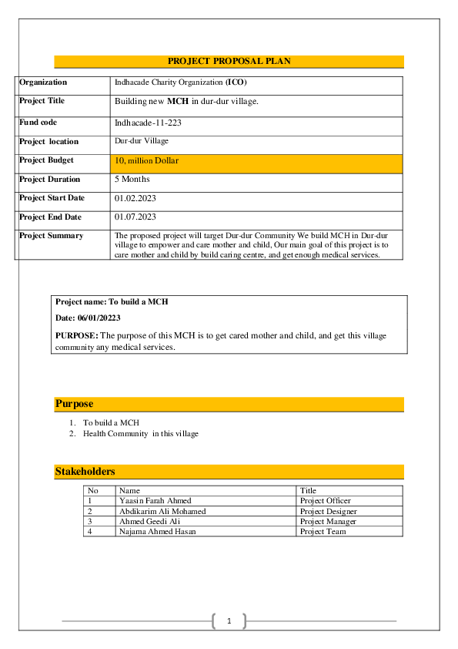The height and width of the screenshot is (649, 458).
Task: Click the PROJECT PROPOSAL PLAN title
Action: (x=229, y=62)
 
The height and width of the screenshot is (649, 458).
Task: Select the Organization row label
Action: (x=43, y=82)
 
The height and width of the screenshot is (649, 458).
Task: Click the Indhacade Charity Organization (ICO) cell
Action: (x=180, y=82)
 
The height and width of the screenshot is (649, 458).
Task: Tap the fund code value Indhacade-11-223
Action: (x=148, y=123)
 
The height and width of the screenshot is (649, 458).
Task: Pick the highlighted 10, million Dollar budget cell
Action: (x=146, y=161)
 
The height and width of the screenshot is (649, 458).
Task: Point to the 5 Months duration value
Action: (x=132, y=180)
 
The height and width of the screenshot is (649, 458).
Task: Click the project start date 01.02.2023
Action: (x=135, y=198)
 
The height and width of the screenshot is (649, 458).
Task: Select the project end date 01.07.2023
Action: (x=135, y=217)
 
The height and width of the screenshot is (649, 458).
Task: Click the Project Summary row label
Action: (x=51, y=236)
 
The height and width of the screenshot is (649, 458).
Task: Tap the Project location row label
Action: (x=48, y=142)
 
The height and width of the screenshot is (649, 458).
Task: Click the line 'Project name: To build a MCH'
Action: (x=112, y=302)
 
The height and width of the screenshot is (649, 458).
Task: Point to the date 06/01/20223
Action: (x=88, y=318)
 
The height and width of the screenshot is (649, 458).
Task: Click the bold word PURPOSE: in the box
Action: (x=77, y=336)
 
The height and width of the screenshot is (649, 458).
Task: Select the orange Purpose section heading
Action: (x=74, y=404)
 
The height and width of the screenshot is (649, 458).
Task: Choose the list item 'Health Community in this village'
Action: (x=141, y=434)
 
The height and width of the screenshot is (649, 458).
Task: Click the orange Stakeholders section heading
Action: (x=85, y=472)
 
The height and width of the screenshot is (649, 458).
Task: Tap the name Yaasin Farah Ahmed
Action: (x=155, y=501)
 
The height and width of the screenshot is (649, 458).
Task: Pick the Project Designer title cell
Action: (x=329, y=511)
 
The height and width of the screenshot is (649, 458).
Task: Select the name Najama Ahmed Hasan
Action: (x=158, y=531)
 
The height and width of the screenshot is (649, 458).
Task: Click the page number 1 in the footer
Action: (x=229, y=621)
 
